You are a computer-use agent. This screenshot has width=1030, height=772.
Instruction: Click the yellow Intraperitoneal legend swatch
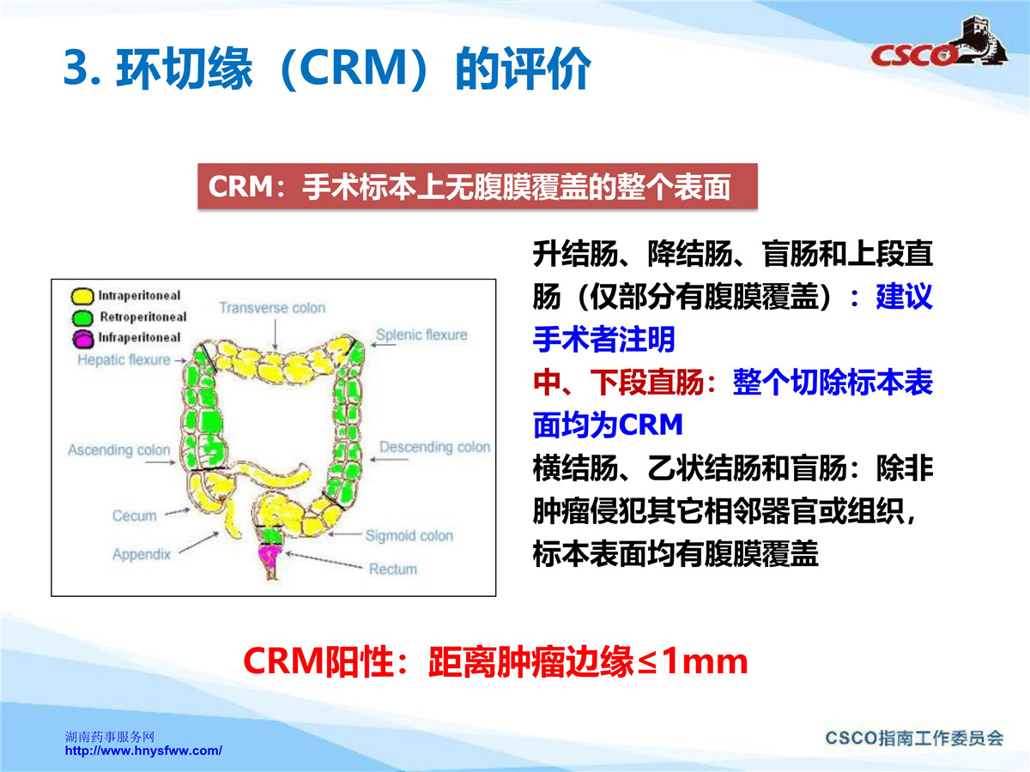[x=82, y=296]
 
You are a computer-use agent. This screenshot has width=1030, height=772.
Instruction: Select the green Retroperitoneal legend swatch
[x=82, y=317]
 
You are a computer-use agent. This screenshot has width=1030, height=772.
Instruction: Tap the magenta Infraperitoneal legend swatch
[x=83, y=339]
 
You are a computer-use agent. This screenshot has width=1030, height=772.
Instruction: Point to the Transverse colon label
[x=272, y=307]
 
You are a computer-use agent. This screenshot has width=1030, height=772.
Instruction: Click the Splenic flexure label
[x=421, y=335]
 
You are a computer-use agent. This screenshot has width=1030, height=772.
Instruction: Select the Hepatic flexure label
[x=124, y=359]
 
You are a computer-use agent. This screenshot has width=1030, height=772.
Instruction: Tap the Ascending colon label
[x=119, y=449]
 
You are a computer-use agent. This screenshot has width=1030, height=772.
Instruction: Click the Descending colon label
[x=434, y=447]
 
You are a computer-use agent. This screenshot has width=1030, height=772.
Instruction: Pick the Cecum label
[x=134, y=516]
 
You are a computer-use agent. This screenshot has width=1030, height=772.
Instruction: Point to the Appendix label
[x=142, y=554]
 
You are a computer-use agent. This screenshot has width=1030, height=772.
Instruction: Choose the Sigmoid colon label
[x=409, y=535]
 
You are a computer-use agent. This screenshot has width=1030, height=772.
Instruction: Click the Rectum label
[x=393, y=569]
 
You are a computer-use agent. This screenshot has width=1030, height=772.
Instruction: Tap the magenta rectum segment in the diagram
[x=270, y=556]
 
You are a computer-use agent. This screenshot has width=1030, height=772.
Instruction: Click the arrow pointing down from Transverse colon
[x=275, y=334]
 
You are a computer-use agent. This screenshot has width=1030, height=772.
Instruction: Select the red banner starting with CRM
[x=477, y=186]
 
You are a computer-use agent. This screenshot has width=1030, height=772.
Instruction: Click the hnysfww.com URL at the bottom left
[x=143, y=751]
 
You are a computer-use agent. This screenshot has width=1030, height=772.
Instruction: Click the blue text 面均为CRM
[x=608, y=425]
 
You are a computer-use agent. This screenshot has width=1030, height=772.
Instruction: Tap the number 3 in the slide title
[x=76, y=68]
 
